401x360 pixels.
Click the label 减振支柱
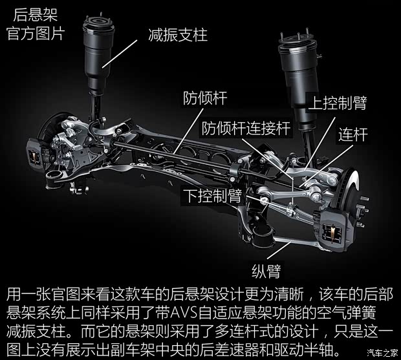[178, 35]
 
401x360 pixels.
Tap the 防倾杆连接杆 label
[246, 128]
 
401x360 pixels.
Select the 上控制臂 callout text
[338, 103]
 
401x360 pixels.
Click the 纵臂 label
[266, 271]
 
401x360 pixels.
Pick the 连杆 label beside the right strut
[353, 134]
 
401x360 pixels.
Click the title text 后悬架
[36, 15]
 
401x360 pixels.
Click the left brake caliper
[34, 154]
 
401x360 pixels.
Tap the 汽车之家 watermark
[382, 353]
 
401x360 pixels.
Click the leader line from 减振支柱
[120, 54]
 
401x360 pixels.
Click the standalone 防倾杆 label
[205, 98]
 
